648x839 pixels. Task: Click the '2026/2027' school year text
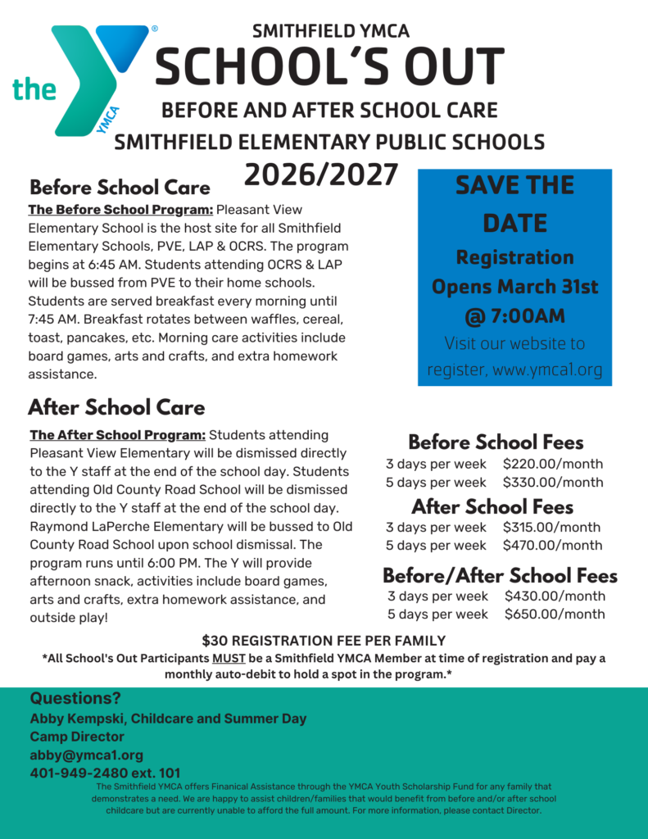(321, 175)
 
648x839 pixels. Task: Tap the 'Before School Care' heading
(120, 188)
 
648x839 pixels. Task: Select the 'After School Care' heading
(116, 407)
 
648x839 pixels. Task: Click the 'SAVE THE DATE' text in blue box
(514, 204)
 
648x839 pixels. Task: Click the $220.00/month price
(553, 464)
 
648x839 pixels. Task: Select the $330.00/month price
(553, 482)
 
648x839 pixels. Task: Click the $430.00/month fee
(555, 596)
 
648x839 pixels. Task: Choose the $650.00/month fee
(555, 615)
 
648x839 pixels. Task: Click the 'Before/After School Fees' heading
(500, 575)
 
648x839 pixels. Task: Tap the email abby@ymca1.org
(86, 755)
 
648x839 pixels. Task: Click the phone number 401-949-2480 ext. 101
(105, 773)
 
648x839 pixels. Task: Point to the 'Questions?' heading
(75, 699)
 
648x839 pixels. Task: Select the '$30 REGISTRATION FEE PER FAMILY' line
(324, 641)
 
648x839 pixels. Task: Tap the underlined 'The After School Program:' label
(117, 435)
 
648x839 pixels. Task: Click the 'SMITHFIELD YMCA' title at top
(331, 32)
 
